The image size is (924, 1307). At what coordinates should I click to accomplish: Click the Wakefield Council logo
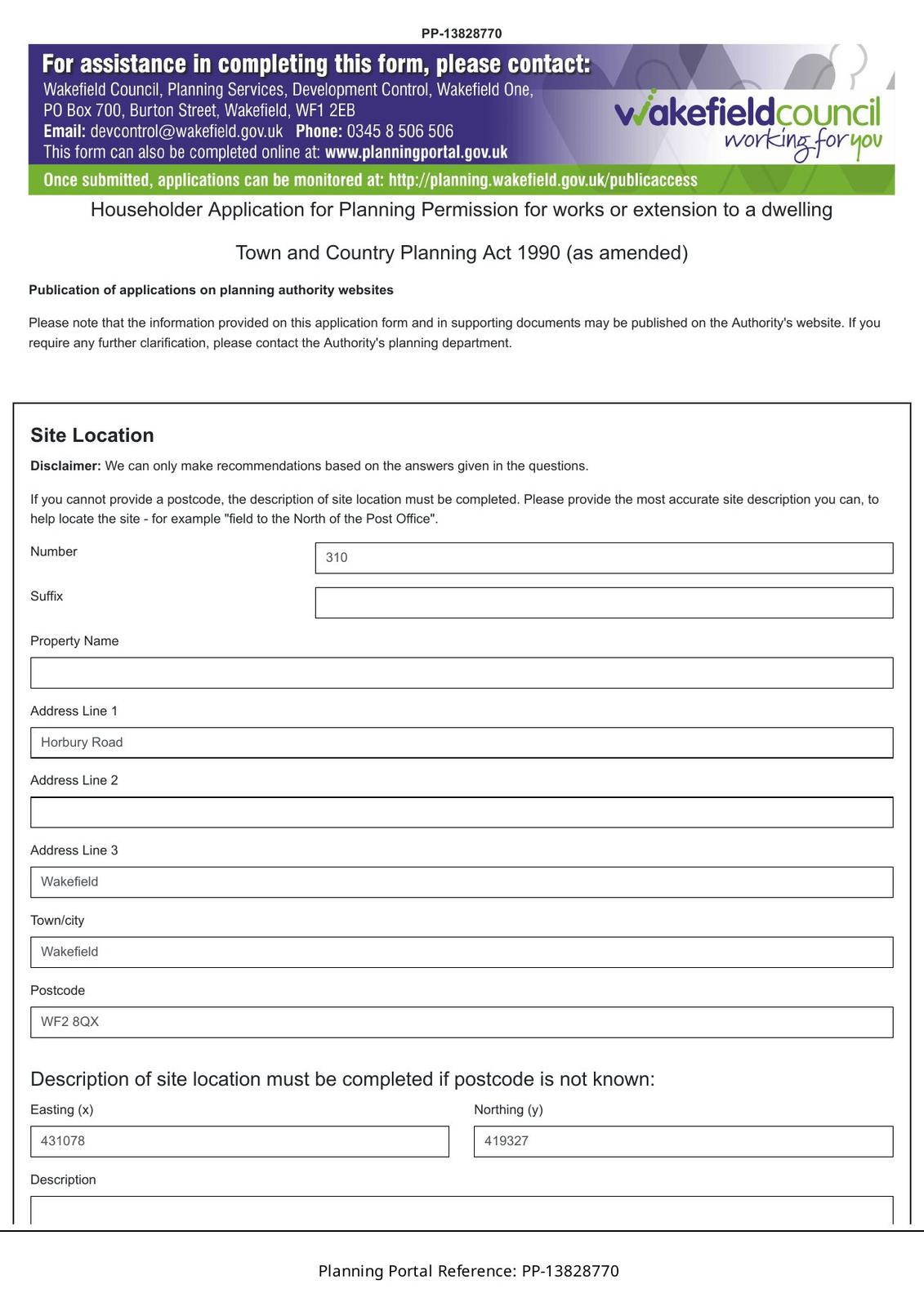pyautogui.click(x=748, y=123)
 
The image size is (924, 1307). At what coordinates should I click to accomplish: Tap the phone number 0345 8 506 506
pyautogui.click(x=400, y=132)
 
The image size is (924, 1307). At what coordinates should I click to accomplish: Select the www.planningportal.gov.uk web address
pyautogui.click(x=416, y=153)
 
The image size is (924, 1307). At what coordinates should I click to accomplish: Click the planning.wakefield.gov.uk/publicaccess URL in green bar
pyautogui.click(x=542, y=181)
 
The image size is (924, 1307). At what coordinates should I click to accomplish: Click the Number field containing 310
pyautogui.click(x=604, y=558)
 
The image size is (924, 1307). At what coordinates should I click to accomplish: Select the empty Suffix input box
pyautogui.click(x=604, y=603)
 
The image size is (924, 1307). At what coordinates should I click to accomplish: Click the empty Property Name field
pyautogui.click(x=462, y=673)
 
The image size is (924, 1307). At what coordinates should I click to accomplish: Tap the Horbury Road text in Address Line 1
pyautogui.click(x=82, y=743)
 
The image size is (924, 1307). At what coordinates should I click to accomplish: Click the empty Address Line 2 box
pyautogui.click(x=462, y=813)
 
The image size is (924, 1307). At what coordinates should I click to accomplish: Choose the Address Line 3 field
pyautogui.click(x=462, y=882)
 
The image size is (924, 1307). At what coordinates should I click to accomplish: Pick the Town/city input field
pyautogui.click(x=462, y=952)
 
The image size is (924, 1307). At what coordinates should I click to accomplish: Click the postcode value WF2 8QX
pyautogui.click(x=70, y=1022)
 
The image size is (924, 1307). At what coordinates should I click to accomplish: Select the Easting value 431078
pyautogui.click(x=63, y=1141)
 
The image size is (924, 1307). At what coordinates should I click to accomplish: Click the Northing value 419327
pyautogui.click(x=507, y=1141)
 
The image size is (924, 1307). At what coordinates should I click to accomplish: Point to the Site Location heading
pyautogui.click(x=92, y=435)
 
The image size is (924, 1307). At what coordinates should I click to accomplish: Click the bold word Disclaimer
pyautogui.click(x=65, y=466)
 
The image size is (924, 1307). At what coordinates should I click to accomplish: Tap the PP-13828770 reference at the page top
pyautogui.click(x=462, y=33)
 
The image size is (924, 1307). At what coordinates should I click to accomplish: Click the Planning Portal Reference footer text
pyautogui.click(x=468, y=1271)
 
